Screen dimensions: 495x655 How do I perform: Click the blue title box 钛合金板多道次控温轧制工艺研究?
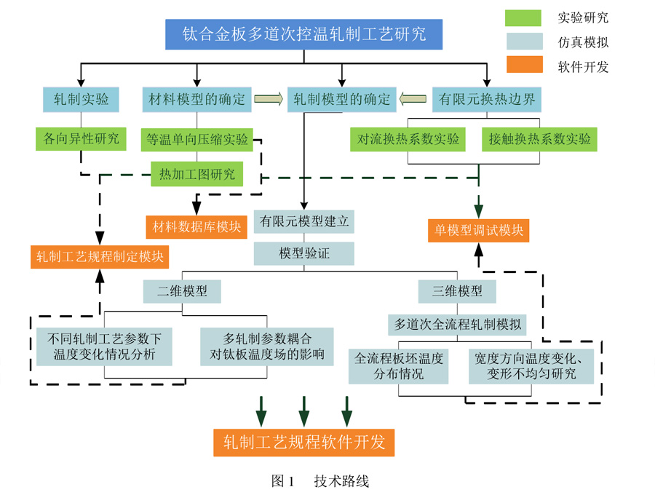(x=303, y=34)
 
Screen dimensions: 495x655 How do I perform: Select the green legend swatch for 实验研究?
(x=523, y=18)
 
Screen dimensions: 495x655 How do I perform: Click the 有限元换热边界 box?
(x=486, y=99)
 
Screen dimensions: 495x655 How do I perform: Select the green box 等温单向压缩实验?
(x=196, y=139)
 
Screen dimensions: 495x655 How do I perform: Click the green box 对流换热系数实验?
(x=408, y=139)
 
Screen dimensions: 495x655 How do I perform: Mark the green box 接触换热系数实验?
(x=539, y=139)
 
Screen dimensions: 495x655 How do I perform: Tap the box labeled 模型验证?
(x=304, y=253)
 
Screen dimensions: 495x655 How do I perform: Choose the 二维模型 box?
(x=182, y=291)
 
